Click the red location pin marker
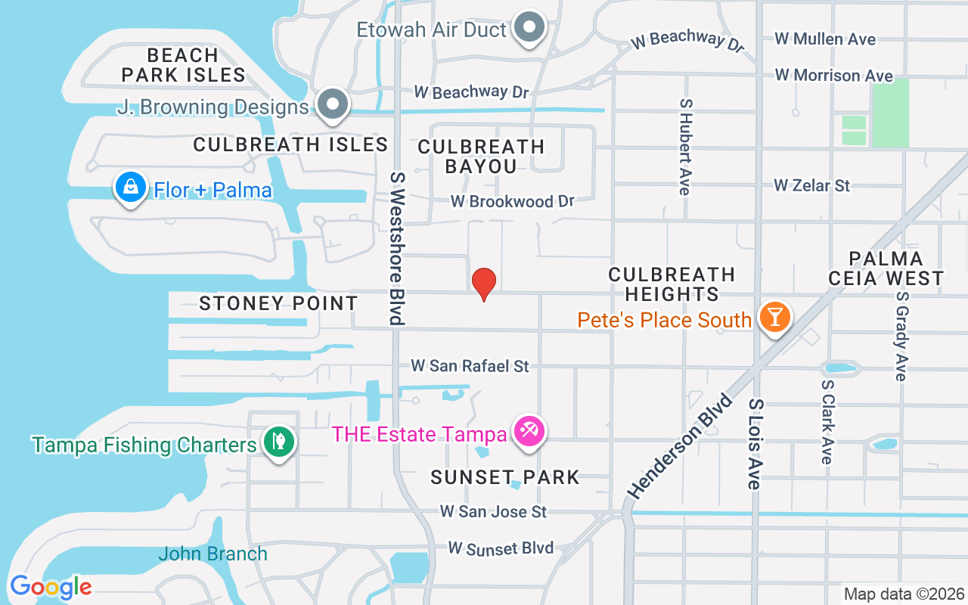[x=484, y=284]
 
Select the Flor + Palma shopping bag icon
[x=130, y=187]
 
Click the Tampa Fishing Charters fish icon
[x=279, y=442]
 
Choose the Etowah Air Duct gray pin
[x=529, y=28]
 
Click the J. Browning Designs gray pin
[x=331, y=104]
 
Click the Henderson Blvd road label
[x=680, y=446]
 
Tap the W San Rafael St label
[x=470, y=366]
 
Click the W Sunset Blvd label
[x=501, y=548]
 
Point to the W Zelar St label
[x=811, y=185]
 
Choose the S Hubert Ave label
[x=685, y=146]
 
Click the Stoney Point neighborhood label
[x=278, y=303]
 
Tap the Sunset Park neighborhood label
[x=504, y=477]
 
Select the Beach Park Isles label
[x=183, y=65]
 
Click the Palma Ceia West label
[x=886, y=268]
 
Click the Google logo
[x=51, y=586]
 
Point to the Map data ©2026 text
[x=904, y=594]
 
